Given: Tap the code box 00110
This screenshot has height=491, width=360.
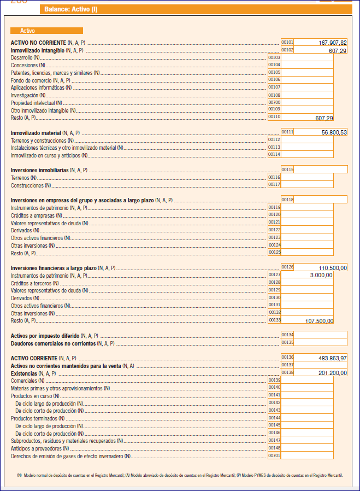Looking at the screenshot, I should [x=274, y=116].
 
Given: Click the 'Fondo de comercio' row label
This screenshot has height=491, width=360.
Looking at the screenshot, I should [x=32, y=80].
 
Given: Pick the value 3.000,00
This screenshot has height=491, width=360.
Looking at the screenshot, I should [x=321, y=275].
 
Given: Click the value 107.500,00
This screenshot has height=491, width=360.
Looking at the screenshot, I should [x=319, y=320].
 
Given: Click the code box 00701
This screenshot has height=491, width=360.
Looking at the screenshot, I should [x=274, y=455].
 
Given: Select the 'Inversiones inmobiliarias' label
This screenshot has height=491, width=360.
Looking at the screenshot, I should [x=40, y=170].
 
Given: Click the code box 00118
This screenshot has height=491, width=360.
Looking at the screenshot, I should [x=287, y=200].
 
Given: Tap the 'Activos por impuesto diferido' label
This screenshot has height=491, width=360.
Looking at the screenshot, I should [x=45, y=335].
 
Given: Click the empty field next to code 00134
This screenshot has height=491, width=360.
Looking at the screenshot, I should [x=321, y=335].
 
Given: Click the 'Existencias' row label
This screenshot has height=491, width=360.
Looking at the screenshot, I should [x=24, y=373].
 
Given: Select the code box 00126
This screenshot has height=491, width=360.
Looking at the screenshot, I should [x=287, y=267].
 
